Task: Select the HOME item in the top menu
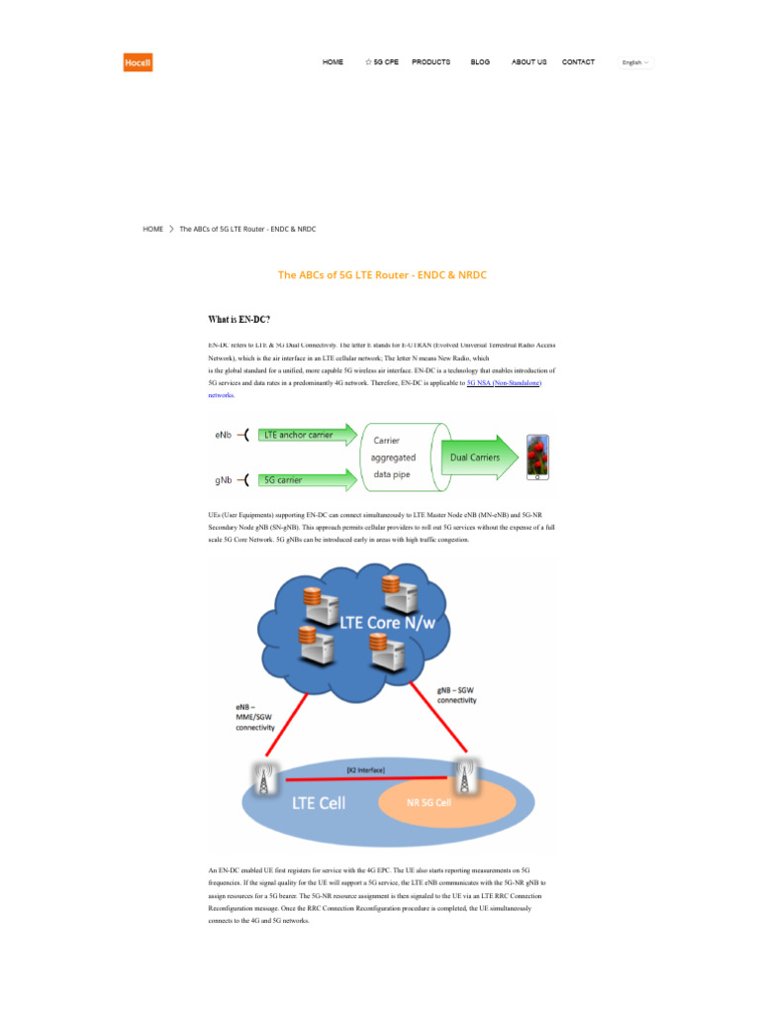pyautogui.click(x=332, y=62)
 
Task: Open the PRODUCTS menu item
pyautogui.click(x=430, y=62)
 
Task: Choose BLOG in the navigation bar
pyautogui.click(x=480, y=62)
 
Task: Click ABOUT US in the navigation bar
pyautogui.click(x=528, y=62)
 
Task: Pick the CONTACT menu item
pyautogui.click(x=578, y=62)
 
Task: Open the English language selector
pyautogui.click(x=635, y=62)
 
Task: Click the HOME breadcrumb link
pyautogui.click(x=153, y=229)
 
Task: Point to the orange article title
pyautogui.click(x=382, y=275)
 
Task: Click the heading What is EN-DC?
pyautogui.click(x=238, y=320)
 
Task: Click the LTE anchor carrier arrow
pyautogui.click(x=308, y=435)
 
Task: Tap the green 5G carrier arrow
pyautogui.click(x=308, y=480)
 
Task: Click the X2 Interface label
pyautogui.click(x=365, y=769)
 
